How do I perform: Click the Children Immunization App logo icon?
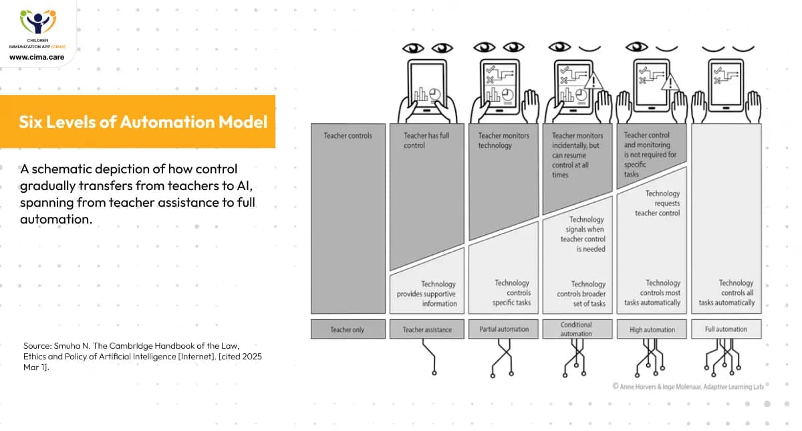click(37, 23)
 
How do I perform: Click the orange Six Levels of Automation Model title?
click(142, 122)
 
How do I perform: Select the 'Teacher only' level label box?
click(348, 329)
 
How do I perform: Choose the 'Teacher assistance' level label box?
click(427, 329)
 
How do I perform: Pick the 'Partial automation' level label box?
click(504, 329)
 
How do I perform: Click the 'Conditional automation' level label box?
click(576, 329)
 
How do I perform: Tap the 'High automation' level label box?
click(652, 329)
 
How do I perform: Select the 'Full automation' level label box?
click(726, 329)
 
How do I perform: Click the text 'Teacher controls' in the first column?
click(348, 136)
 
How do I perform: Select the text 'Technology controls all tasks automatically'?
click(727, 293)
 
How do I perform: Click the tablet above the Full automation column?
click(726, 85)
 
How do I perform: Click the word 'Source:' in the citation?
click(37, 345)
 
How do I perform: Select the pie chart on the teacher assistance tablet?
click(435, 94)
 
